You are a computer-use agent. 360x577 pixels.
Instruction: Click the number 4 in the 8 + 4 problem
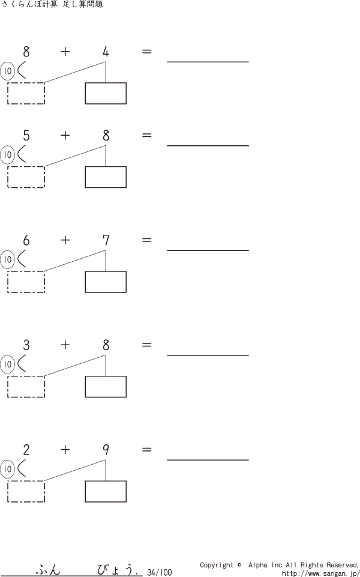106,52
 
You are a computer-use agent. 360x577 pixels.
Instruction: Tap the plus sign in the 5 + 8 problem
65,136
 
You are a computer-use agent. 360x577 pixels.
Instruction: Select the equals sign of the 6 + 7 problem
146,240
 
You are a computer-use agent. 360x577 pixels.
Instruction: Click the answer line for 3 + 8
208,355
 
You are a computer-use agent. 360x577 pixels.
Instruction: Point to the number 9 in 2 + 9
106,450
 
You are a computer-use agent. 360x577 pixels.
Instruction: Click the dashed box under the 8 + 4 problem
26,94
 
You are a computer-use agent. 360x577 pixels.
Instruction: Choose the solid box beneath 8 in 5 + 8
106,177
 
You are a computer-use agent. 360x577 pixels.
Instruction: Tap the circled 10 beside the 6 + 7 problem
7,259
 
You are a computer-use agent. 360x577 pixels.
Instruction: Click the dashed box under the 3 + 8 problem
26,387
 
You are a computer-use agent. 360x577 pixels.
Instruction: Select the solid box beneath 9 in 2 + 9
106,491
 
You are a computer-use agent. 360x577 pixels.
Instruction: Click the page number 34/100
159,573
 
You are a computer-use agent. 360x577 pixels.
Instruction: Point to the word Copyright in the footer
217,565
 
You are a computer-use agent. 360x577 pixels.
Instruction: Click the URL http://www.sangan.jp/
320,573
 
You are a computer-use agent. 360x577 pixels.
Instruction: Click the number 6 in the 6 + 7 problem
26,241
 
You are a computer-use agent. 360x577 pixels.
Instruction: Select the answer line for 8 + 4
208,61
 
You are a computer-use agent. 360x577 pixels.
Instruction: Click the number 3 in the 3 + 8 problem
26,345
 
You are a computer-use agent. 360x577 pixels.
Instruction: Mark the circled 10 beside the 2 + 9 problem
7,469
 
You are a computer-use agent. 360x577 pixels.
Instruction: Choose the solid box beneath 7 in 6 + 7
106,282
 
